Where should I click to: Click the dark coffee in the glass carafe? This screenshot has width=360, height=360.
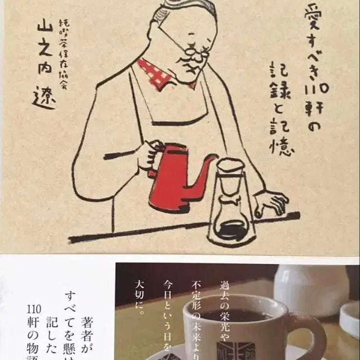coord(232,229)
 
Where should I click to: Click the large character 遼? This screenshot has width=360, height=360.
coord(46,98)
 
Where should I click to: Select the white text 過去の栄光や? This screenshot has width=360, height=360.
coord(225,303)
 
